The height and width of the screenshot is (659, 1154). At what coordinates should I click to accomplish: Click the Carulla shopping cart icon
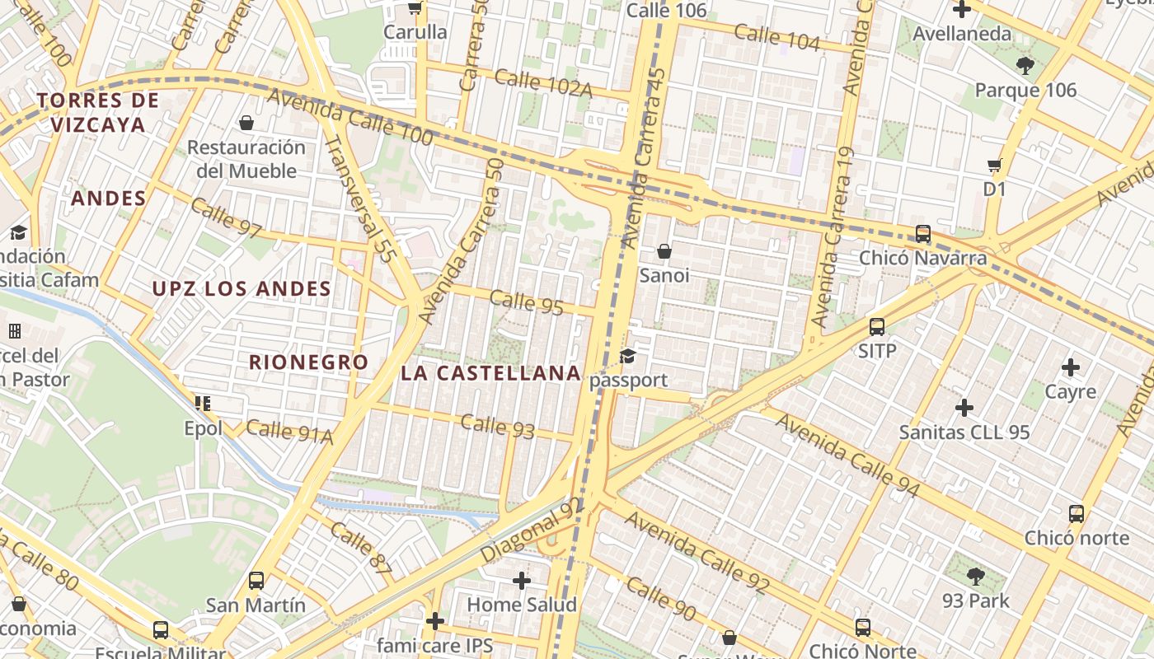coord(415,8)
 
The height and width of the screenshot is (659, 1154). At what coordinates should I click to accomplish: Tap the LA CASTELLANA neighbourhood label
coord(490,372)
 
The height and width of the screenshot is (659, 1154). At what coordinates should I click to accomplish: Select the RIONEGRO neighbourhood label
coord(308,362)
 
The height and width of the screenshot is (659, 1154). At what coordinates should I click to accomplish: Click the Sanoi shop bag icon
coord(664,251)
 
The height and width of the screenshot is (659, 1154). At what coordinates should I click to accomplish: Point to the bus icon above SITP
coord(877,327)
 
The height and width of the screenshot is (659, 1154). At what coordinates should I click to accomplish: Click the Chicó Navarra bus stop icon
coord(923,234)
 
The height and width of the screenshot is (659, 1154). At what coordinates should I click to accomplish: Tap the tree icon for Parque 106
coord(1025,66)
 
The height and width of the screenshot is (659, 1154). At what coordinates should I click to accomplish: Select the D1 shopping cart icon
coord(995,165)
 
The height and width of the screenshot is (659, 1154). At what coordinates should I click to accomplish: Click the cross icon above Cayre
coord(1071,367)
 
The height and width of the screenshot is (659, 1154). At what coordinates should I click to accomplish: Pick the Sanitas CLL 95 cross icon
coord(964,408)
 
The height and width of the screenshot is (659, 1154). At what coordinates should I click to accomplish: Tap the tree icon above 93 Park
coord(976,576)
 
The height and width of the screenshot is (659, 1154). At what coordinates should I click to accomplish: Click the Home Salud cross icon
coord(522,581)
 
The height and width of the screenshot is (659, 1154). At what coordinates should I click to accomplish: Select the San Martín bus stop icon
coord(256,581)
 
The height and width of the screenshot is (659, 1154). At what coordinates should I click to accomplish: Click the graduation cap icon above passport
coord(628,356)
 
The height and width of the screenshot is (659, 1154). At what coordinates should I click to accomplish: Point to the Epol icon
coord(203,404)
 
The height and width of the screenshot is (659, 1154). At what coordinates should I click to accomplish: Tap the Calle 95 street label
coord(527,302)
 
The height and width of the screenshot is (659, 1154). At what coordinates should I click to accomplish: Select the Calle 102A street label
coord(543,83)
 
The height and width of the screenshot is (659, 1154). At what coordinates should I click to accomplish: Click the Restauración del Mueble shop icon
coord(246,124)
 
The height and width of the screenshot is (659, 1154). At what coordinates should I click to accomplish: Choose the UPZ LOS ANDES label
coord(242,288)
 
